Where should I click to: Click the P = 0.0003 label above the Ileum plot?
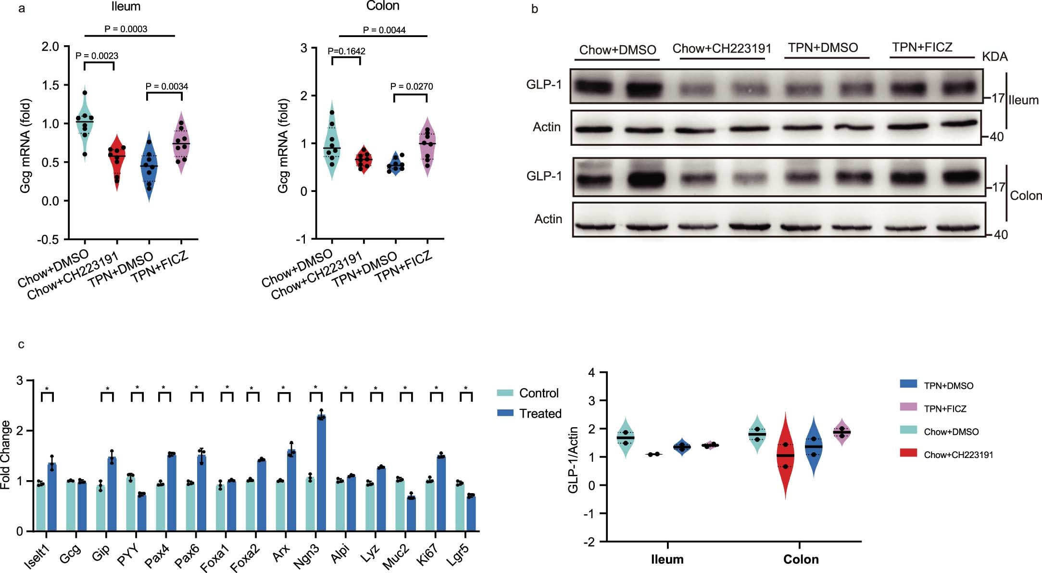pos(126,29)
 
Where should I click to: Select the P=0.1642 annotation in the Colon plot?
pos(346,51)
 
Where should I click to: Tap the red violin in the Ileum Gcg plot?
pos(117,161)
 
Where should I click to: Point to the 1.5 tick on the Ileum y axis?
pos(50,85)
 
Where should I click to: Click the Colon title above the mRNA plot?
pos(383,6)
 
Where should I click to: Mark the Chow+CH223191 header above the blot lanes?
pos(722,49)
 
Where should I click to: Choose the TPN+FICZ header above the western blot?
pos(922,47)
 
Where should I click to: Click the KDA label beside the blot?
pos(994,57)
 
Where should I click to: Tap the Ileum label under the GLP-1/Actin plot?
pos(667,559)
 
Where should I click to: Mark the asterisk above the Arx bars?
pos(283,388)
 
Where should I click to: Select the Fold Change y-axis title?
pos(5,455)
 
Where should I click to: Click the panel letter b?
pos(535,9)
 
